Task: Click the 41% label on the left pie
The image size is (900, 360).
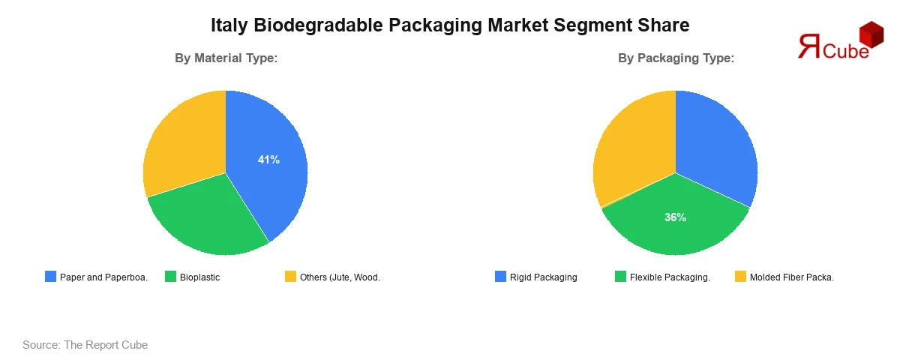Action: (x=268, y=159)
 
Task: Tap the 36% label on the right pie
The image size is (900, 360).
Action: (x=675, y=217)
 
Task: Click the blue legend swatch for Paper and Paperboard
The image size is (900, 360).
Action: (x=51, y=277)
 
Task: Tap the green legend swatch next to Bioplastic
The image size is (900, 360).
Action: (x=171, y=277)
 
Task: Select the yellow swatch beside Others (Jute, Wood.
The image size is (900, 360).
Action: (x=291, y=277)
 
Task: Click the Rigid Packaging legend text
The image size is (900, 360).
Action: (x=543, y=277)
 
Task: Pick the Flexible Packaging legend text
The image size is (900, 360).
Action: (x=670, y=277)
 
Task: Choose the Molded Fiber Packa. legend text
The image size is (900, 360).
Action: (x=791, y=277)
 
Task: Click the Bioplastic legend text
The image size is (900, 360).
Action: (x=199, y=277)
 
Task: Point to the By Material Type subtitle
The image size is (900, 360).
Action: (x=226, y=58)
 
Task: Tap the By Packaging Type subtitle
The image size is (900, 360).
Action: (x=676, y=58)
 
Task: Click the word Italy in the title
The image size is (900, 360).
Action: (x=229, y=25)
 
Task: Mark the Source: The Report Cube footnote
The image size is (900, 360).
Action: (x=85, y=345)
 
